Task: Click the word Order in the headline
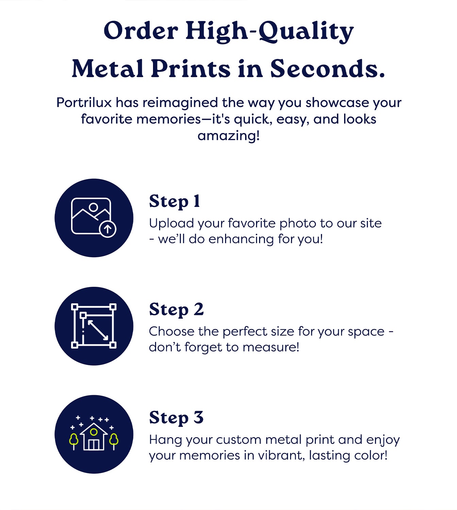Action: (141, 31)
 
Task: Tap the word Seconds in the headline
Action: (327, 69)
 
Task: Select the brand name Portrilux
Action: (84, 103)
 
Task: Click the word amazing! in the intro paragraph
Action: (228, 136)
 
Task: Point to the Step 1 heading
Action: (174, 201)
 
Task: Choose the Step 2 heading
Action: (176, 310)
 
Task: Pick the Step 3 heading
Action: (176, 418)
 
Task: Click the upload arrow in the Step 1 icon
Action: (107, 229)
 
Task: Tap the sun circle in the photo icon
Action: (94, 207)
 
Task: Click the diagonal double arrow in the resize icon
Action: (98, 330)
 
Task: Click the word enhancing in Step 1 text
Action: (241, 239)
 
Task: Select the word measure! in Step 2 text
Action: (271, 347)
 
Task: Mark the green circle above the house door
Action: (94, 432)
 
